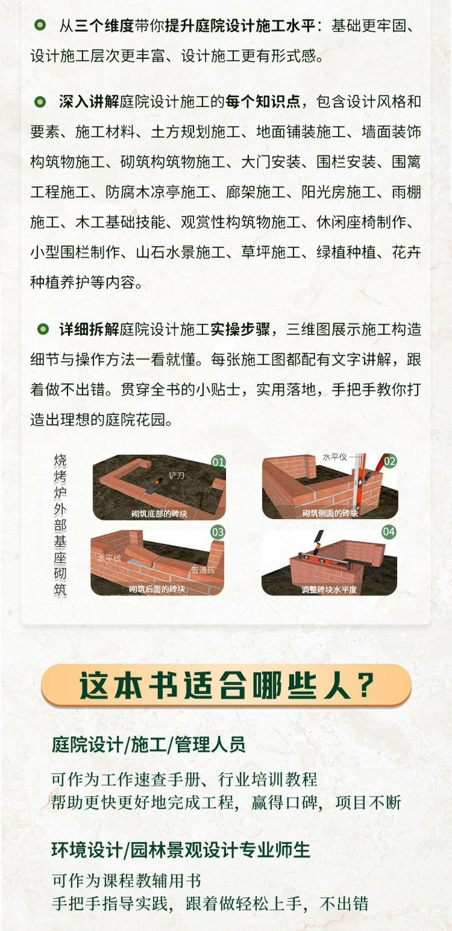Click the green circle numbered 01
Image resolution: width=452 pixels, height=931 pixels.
pos(218,462)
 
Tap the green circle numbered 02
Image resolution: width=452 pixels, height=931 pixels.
pos(390,461)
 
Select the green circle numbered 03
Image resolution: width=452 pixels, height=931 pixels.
pos(218,532)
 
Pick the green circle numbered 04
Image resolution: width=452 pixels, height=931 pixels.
pos(389,532)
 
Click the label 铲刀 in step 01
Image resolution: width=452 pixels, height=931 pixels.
pos(176,476)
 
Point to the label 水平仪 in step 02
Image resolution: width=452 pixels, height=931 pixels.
pos(334,457)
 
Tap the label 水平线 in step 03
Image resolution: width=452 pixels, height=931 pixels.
pos(109,558)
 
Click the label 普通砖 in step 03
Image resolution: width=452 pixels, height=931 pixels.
pos(202,570)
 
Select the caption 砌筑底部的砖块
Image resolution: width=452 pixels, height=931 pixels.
pos(159,514)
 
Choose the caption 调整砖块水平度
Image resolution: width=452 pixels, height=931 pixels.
pos(329,590)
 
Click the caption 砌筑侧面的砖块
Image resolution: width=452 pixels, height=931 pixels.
pos(330,513)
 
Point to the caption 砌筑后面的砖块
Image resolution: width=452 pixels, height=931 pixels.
pos(157,589)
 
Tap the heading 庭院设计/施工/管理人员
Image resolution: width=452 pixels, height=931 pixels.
pos(148,744)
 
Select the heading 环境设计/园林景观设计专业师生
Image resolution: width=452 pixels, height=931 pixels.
pos(181,850)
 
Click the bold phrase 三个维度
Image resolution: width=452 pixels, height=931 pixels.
pos(104,26)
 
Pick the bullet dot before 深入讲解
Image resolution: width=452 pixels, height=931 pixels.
pos(40,101)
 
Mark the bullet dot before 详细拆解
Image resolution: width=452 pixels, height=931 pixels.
pos(43,329)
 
